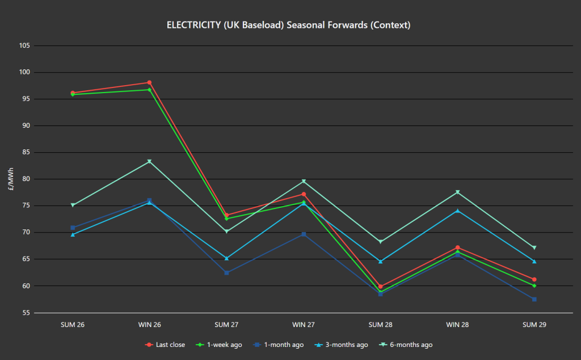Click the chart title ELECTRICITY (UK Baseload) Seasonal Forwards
click(x=288, y=25)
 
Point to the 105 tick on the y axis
click(x=23, y=46)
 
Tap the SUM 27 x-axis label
click(x=226, y=325)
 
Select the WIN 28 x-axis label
click(x=457, y=325)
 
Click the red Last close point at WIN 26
click(x=149, y=82)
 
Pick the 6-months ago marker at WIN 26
click(x=149, y=162)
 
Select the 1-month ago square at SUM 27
click(x=226, y=273)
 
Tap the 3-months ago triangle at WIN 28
click(x=457, y=211)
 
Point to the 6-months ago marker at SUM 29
click(x=534, y=248)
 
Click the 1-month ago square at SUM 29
click(x=534, y=299)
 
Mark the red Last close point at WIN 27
click(x=304, y=194)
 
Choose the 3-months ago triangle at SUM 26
click(x=73, y=235)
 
